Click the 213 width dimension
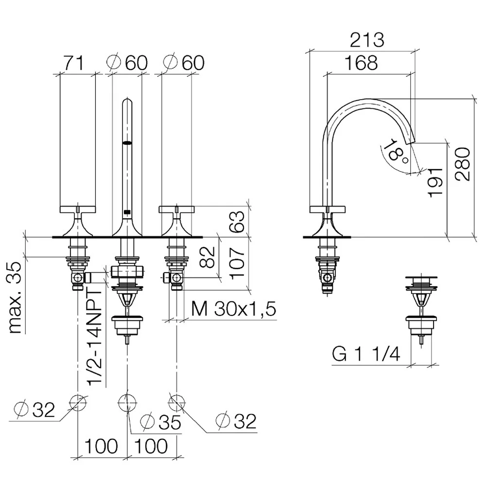point(367,40)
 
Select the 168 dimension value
point(361,63)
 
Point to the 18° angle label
point(395,151)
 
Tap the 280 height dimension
point(463,164)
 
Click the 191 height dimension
point(435,182)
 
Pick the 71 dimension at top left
point(74,63)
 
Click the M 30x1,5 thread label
point(233,309)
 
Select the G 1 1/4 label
point(366,354)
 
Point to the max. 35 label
point(15,297)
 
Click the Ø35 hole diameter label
point(160,422)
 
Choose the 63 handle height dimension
point(237,221)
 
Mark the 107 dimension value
point(237,263)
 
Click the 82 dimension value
point(207,257)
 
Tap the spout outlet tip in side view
point(410,141)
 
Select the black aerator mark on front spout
point(127,143)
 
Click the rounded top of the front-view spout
point(127,101)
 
